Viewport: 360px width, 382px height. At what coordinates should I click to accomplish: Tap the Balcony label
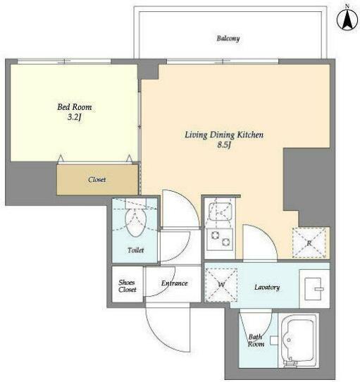(x=228, y=39)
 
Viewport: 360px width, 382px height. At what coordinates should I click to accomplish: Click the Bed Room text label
(x=75, y=107)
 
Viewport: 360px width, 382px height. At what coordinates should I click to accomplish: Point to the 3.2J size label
(x=74, y=118)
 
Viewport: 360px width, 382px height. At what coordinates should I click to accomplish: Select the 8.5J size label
(x=224, y=145)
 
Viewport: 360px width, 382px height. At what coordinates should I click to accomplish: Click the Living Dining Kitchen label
(x=224, y=135)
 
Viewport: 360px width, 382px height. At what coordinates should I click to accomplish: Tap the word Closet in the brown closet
(x=97, y=180)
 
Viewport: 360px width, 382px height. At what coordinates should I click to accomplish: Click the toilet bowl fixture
(x=136, y=222)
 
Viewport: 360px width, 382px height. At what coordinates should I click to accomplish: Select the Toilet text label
(x=136, y=250)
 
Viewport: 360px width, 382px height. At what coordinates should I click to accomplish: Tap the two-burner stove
(x=220, y=239)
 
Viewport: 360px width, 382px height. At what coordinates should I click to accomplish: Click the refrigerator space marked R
(x=309, y=242)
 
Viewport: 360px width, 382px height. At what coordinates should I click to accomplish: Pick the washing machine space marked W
(x=221, y=285)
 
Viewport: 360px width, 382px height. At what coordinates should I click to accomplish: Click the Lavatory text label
(x=267, y=288)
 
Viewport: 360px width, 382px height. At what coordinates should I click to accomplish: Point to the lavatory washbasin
(x=314, y=289)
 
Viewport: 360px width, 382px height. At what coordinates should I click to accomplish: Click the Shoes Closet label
(x=127, y=286)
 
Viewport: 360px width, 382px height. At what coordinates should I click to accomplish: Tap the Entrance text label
(x=175, y=283)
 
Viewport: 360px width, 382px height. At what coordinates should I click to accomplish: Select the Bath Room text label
(x=256, y=340)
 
